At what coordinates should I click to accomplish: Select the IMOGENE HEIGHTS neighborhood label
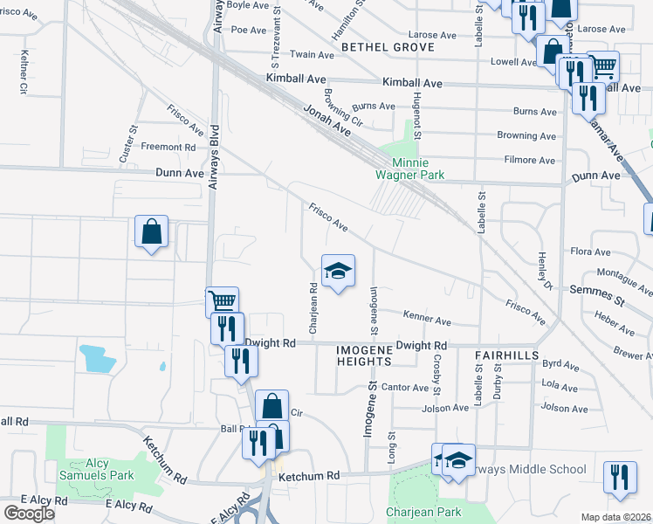pyautogui.click(x=363, y=355)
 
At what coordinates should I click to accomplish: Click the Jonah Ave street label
pyautogui.click(x=327, y=120)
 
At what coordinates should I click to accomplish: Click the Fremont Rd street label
pyautogui.click(x=168, y=148)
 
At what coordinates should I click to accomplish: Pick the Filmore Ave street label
pyautogui.click(x=530, y=160)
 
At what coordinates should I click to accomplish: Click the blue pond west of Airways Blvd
pyautogui.click(x=97, y=359)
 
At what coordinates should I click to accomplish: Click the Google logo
pyautogui.click(x=30, y=514)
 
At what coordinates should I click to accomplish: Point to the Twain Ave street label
pyautogui.click(x=313, y=55)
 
